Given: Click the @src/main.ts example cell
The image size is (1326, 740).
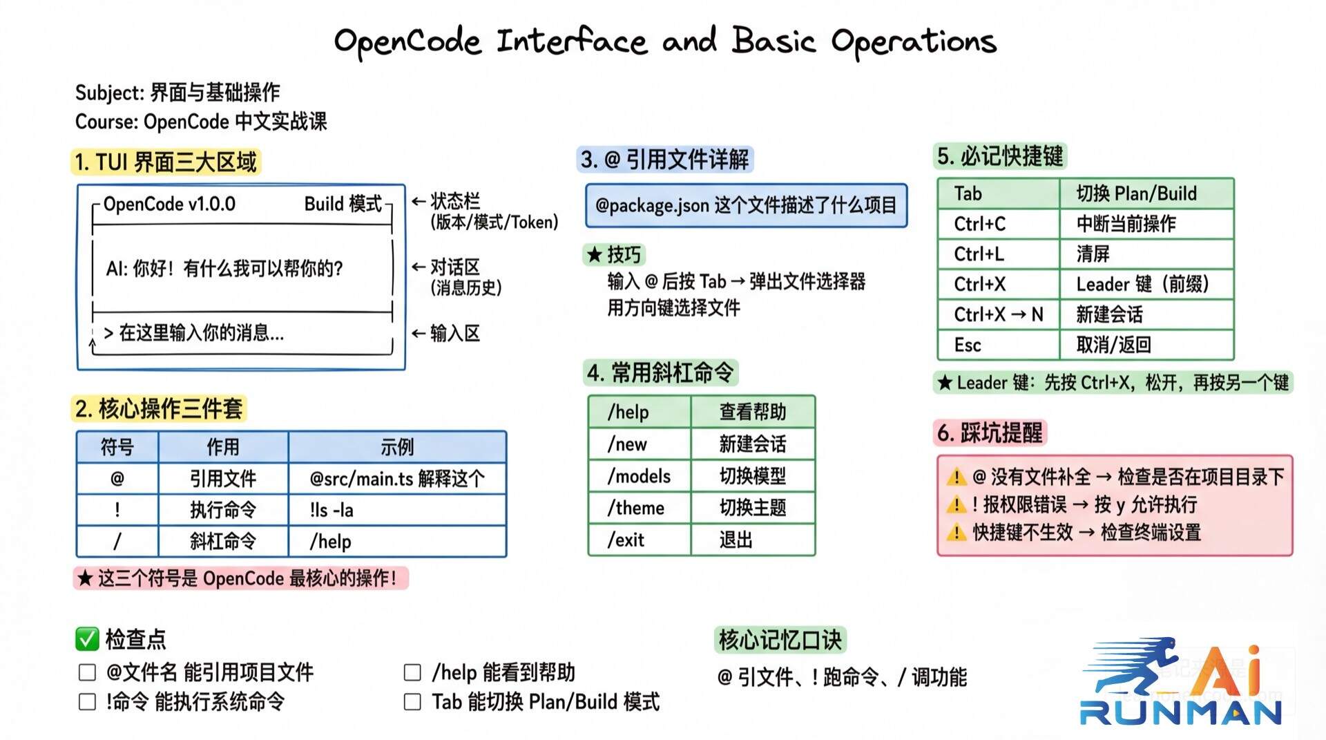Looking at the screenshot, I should pyautogui.click(x=396, y=478).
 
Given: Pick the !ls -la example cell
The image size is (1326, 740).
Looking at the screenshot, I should pyautogui.click(x=396, y=510).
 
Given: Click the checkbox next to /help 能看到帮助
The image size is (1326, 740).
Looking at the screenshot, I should pyautogui.click(x=412, y=672).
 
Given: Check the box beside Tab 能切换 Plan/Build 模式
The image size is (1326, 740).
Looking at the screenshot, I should pyautogui.click(x=412, y=702).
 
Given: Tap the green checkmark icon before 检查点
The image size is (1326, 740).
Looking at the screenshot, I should pyautogui.click(x=87, y=639).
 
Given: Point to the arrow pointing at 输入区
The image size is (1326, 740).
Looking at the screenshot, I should pyautogui.click(x=418, y=333).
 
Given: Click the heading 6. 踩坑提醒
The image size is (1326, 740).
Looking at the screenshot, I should pyautogui.click(x=989, y=433).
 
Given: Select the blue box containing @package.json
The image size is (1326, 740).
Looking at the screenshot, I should pyautogui.click(x=746, y=205).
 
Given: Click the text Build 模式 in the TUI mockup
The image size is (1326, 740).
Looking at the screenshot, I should pyautogui.click(x=343, y=204).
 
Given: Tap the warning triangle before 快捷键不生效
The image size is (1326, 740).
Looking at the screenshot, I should pyautogui.click(x=957, y=533).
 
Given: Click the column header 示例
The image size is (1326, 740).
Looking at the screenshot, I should pyautogui.click(x=396, y=447).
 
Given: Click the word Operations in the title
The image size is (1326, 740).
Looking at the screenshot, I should pyautogui.click(x=913, y=41).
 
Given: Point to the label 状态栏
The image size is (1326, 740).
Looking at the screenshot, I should pyautogui.click(x=455, y=201).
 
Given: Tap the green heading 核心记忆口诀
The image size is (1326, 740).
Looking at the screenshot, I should pyautogui.click(x=780, y=640).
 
